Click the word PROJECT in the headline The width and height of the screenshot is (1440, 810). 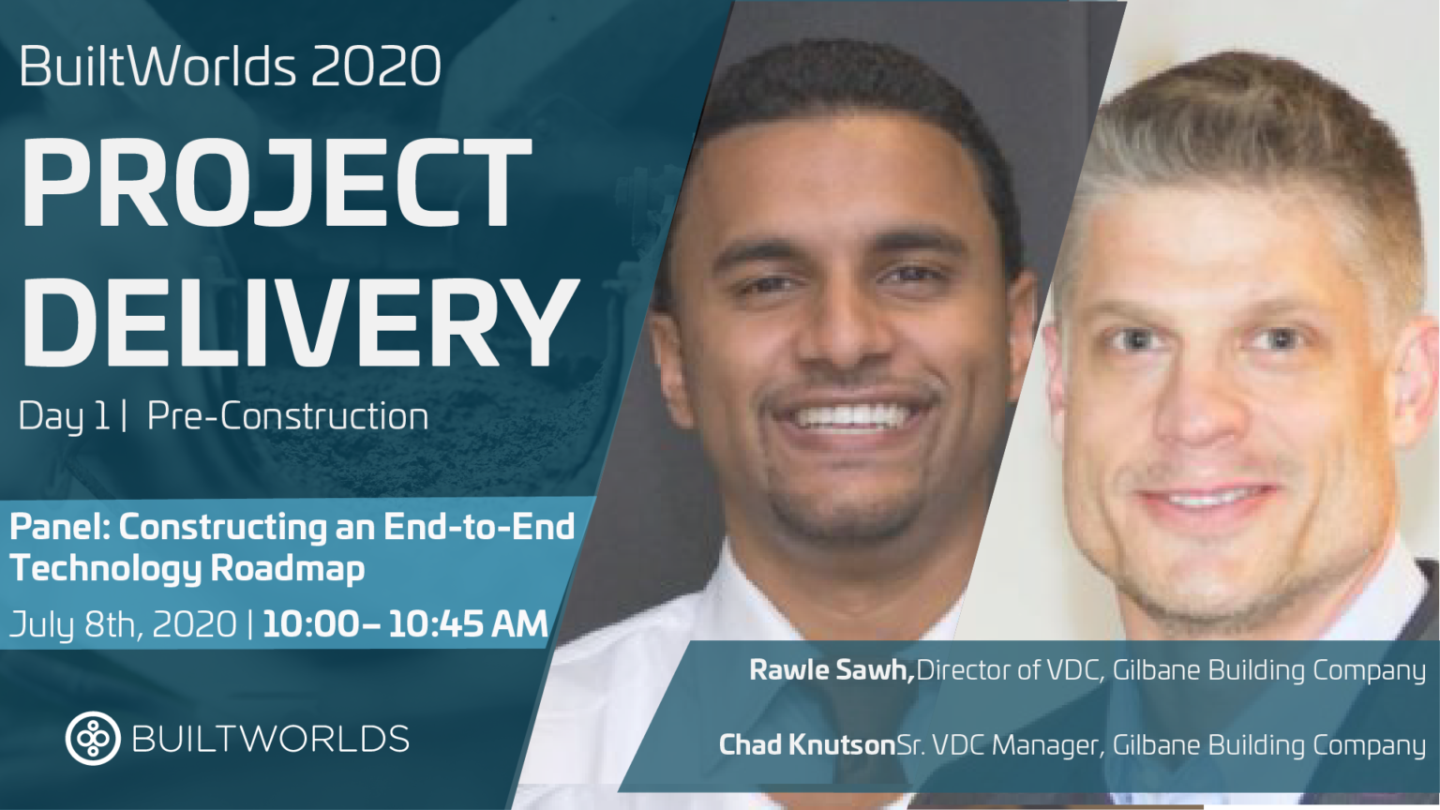[277, 183]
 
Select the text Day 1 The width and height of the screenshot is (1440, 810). [64, 416]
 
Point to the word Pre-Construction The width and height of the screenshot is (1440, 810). [288, 416]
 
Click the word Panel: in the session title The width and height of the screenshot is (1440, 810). [59, 527]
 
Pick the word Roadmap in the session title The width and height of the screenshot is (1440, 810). [288, 568]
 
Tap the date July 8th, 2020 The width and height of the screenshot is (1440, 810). [123, 624]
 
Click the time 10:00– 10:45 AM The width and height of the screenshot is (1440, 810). [405, 624]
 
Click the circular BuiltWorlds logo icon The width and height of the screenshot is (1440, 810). [93, 739]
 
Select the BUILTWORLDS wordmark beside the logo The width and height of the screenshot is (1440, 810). [271, 739]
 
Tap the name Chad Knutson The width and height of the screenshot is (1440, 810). [807, 745]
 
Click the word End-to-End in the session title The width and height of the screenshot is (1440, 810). [479, 527]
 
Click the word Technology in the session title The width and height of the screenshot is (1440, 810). [106, 568]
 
